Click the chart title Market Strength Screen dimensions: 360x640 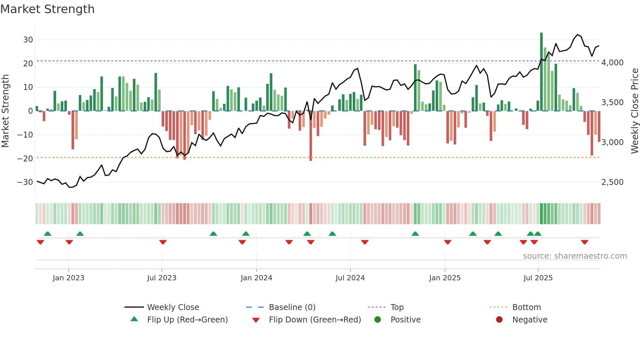(47, 9)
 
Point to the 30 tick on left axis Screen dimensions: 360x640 (28, 40)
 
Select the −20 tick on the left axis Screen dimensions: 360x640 (25, 159)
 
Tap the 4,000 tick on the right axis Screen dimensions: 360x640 (612, 63)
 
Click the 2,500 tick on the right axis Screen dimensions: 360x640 (612, 182)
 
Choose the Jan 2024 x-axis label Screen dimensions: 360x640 (256, 278)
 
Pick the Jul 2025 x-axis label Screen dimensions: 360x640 (538, 278)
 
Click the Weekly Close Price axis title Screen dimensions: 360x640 (634, 111)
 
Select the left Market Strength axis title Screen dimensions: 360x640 (6, 111)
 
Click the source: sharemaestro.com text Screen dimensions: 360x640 (575, 256)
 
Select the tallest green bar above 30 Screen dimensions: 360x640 (541, 72)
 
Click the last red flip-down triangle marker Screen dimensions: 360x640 (584, 242)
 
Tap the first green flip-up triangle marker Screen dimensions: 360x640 (48, 234)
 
